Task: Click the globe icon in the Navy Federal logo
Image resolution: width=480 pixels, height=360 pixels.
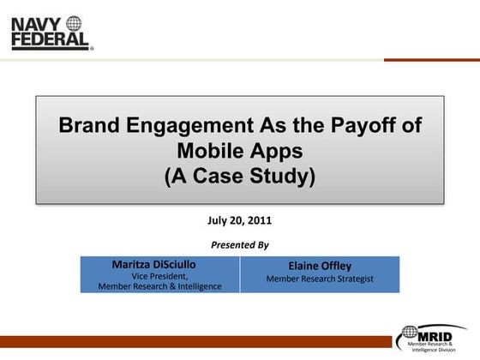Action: [x=74, y=23]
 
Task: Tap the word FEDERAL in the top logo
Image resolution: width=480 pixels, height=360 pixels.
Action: [x=50, y=39]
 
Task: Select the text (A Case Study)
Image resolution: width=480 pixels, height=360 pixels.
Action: [x=239, y=177]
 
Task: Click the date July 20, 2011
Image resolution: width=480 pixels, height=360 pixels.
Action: [x=239, y=220]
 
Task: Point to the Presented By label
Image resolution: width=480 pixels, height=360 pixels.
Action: [x=239, y=245]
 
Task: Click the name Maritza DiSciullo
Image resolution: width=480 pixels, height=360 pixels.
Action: [x=159, y=264]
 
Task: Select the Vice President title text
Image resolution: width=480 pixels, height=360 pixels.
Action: [x=159, y=275]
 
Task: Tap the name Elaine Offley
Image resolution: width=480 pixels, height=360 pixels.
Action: [x=320, y=266]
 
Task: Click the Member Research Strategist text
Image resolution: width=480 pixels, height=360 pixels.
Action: [x=320, y=279]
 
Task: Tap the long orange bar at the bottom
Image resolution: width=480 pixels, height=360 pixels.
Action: [x=197, y=341]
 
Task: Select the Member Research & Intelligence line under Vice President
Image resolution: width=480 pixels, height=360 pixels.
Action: [x=159, y=286]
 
